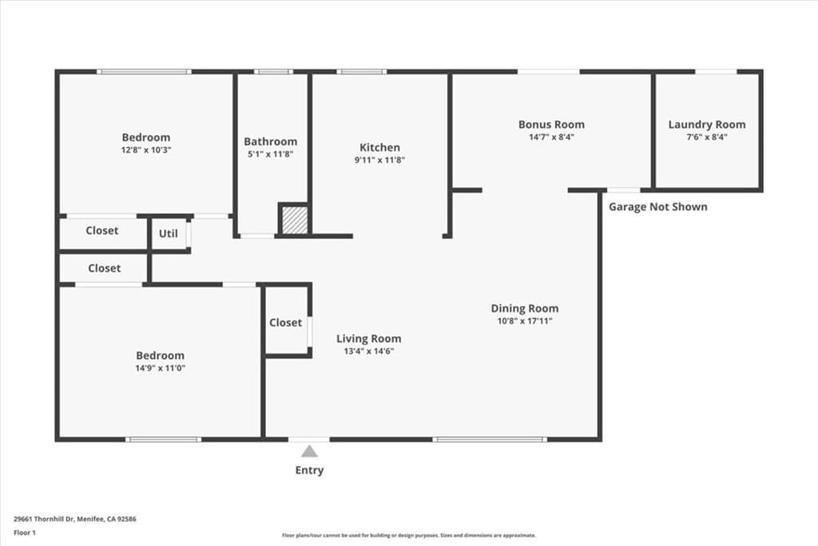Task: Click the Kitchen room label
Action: click(x=379, y=147)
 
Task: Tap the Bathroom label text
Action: click(x=270, y=141)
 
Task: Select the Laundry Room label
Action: click(x=707, y=124)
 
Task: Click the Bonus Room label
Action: click(x=551, y=124)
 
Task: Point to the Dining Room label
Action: click(x=524, y=308)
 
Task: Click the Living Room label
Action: click(x=368, y=338)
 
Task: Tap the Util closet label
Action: click(x=168, y=233)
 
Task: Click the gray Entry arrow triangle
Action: click(x=309, y=452)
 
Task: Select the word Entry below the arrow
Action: click(x=309, y=470)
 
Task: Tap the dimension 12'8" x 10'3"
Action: click(x=146, y=149)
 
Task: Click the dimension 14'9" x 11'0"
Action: click(x=160, y=369)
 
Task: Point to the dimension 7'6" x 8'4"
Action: click(x=707, y=137)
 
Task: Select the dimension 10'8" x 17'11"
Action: click(x=524, y=321)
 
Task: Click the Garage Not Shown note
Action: click(x=657, y=206)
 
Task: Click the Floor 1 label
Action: click(x=25, y=532)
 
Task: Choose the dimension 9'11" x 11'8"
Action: click(x=379, y=160)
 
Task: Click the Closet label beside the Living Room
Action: click(x=285, y=322)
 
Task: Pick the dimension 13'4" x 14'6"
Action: click(x=368, y=351)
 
